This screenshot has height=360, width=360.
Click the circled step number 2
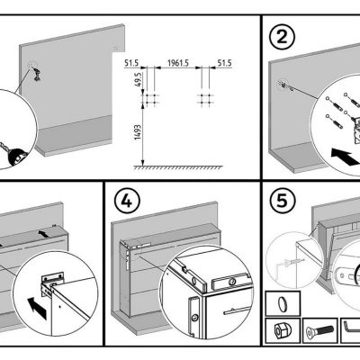(x=282, y=38)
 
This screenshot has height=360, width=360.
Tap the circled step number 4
(x=127, y=202)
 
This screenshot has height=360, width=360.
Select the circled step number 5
(x=282, y=202)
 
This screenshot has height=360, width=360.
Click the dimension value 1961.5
(x=178, y=63)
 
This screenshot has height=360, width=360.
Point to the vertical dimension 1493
(x=138, y=132)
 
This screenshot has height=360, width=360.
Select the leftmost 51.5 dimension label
(x=131, y=63)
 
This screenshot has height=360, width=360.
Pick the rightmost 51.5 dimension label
(x=224, y=63)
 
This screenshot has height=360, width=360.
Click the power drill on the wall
(x=37, y=74)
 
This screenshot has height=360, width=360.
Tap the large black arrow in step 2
(x=346, y=157)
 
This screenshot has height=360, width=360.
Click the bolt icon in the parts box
(x=319, y=331)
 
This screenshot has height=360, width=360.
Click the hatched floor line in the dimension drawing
(x=178, y=167)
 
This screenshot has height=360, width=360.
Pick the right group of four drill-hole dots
(x=205, y=99)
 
